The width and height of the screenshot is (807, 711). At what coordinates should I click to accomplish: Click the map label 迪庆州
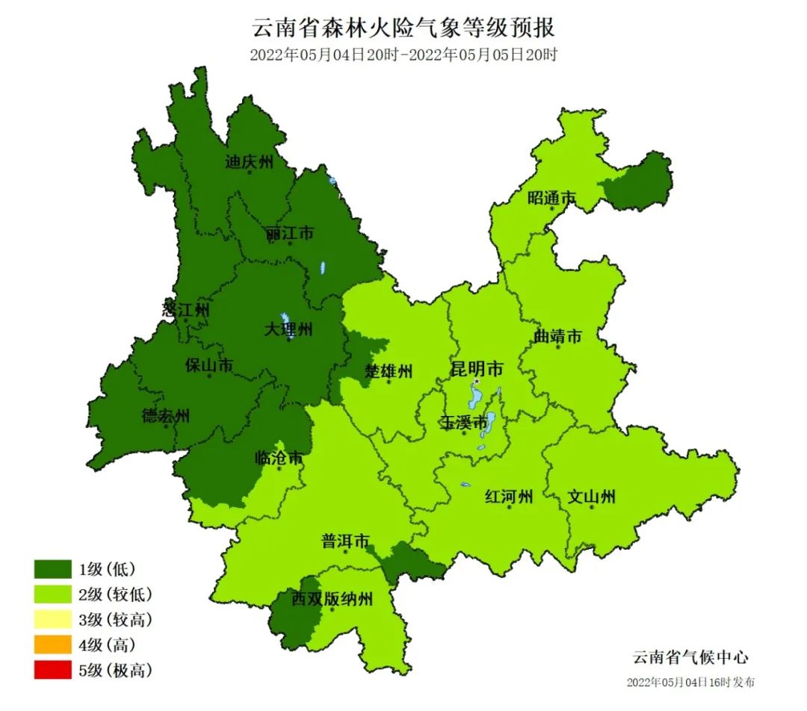[250, 162]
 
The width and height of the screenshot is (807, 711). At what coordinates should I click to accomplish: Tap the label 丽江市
[290, 234]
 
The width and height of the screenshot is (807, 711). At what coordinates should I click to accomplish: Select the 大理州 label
[289, 329]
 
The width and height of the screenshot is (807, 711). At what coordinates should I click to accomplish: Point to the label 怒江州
[186, 309]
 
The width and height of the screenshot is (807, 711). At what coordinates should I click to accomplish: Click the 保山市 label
[209, 365]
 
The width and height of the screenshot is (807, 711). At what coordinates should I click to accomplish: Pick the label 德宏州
[166, 416]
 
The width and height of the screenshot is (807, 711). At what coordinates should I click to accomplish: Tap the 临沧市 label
[279, 458]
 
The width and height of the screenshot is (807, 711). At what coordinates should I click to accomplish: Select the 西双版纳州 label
[332, 598]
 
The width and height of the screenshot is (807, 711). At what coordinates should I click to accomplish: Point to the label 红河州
[509, 497]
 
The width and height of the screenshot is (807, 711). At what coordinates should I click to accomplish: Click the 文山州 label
[592, 496]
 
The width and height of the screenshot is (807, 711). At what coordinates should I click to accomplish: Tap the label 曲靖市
[557, 337]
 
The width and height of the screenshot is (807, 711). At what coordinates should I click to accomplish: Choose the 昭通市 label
[551, 198]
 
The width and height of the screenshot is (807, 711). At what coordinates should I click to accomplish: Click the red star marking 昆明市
[477, 381]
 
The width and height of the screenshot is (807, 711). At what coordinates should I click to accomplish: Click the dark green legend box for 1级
[52, 569]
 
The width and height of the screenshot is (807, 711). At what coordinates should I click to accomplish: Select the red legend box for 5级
[52, 670]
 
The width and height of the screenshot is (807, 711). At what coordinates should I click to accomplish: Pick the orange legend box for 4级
[52, 645]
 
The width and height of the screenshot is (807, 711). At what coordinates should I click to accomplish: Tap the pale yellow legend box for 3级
[52, 619]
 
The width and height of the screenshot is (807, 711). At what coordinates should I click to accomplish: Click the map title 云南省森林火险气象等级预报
[403, 28]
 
